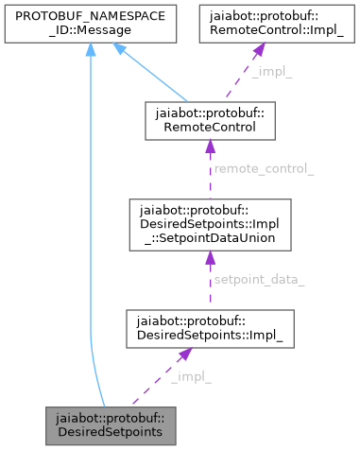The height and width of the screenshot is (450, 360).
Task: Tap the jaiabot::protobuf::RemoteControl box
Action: pyautogui.click(x=210, y=122)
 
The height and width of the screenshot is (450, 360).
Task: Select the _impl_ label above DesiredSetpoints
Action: pyautogui.click(x=191, y=377)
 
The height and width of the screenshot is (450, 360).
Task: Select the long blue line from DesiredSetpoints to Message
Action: pyautogui.click(x=91, y=236)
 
